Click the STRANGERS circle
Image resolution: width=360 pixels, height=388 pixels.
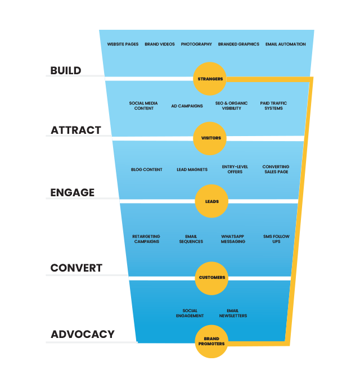coord(210,79)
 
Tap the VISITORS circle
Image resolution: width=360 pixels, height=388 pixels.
coord(210,138)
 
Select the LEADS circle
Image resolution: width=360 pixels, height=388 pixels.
coord(211,201)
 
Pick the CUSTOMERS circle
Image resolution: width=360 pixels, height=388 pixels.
coord(212,277)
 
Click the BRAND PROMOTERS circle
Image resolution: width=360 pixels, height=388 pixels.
coord(211,341)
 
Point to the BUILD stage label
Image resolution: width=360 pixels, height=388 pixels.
coord(66,70)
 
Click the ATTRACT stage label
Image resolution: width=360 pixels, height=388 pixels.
coord(76,130)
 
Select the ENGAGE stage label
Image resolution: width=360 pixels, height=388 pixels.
coord(73,192)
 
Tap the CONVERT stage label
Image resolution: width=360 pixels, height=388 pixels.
coord(76,268)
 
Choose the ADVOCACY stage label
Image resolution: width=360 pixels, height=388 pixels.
coord(83,334)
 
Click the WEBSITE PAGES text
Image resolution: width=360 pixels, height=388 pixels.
coord(123,44)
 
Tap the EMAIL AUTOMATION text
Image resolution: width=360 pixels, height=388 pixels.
coord(286,44)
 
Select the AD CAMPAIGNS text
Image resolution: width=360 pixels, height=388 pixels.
coord(187,106)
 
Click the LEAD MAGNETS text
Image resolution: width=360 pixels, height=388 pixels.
coord(192,169)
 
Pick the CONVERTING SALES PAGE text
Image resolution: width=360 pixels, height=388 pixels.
coord(276,169)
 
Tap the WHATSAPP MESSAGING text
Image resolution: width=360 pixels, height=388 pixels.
coord(233,239)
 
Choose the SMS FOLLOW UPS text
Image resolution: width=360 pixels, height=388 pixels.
coord(276,239)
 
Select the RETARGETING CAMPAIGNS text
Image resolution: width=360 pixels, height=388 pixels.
coord(146,239)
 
